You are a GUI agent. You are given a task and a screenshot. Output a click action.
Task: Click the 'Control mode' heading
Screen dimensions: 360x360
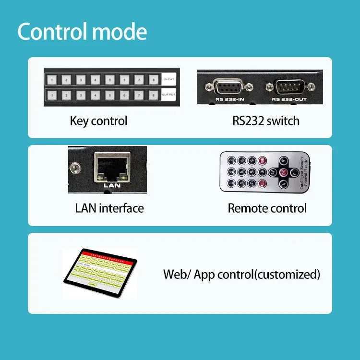82,32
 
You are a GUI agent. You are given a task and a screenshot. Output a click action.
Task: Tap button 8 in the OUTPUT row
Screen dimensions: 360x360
153,95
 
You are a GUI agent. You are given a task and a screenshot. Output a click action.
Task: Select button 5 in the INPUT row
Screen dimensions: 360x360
110,80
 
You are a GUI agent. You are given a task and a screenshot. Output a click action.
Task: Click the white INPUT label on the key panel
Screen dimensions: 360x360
169,79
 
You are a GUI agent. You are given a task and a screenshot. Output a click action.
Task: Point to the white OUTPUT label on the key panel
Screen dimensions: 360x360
169,95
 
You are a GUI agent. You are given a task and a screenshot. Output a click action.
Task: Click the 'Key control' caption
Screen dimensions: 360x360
99,121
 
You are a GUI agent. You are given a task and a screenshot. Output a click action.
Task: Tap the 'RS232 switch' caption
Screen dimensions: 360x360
266,121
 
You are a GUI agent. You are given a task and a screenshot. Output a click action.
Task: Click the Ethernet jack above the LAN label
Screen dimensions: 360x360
110,167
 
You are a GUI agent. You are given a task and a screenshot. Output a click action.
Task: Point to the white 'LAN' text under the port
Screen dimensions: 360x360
110,184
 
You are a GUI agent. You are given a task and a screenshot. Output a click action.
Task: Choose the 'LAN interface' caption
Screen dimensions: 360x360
109,208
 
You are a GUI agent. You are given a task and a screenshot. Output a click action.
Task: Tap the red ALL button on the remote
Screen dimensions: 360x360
263,183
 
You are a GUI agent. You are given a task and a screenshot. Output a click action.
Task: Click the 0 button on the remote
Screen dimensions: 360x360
262,171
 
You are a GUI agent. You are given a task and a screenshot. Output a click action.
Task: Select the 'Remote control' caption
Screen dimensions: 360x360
267,208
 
